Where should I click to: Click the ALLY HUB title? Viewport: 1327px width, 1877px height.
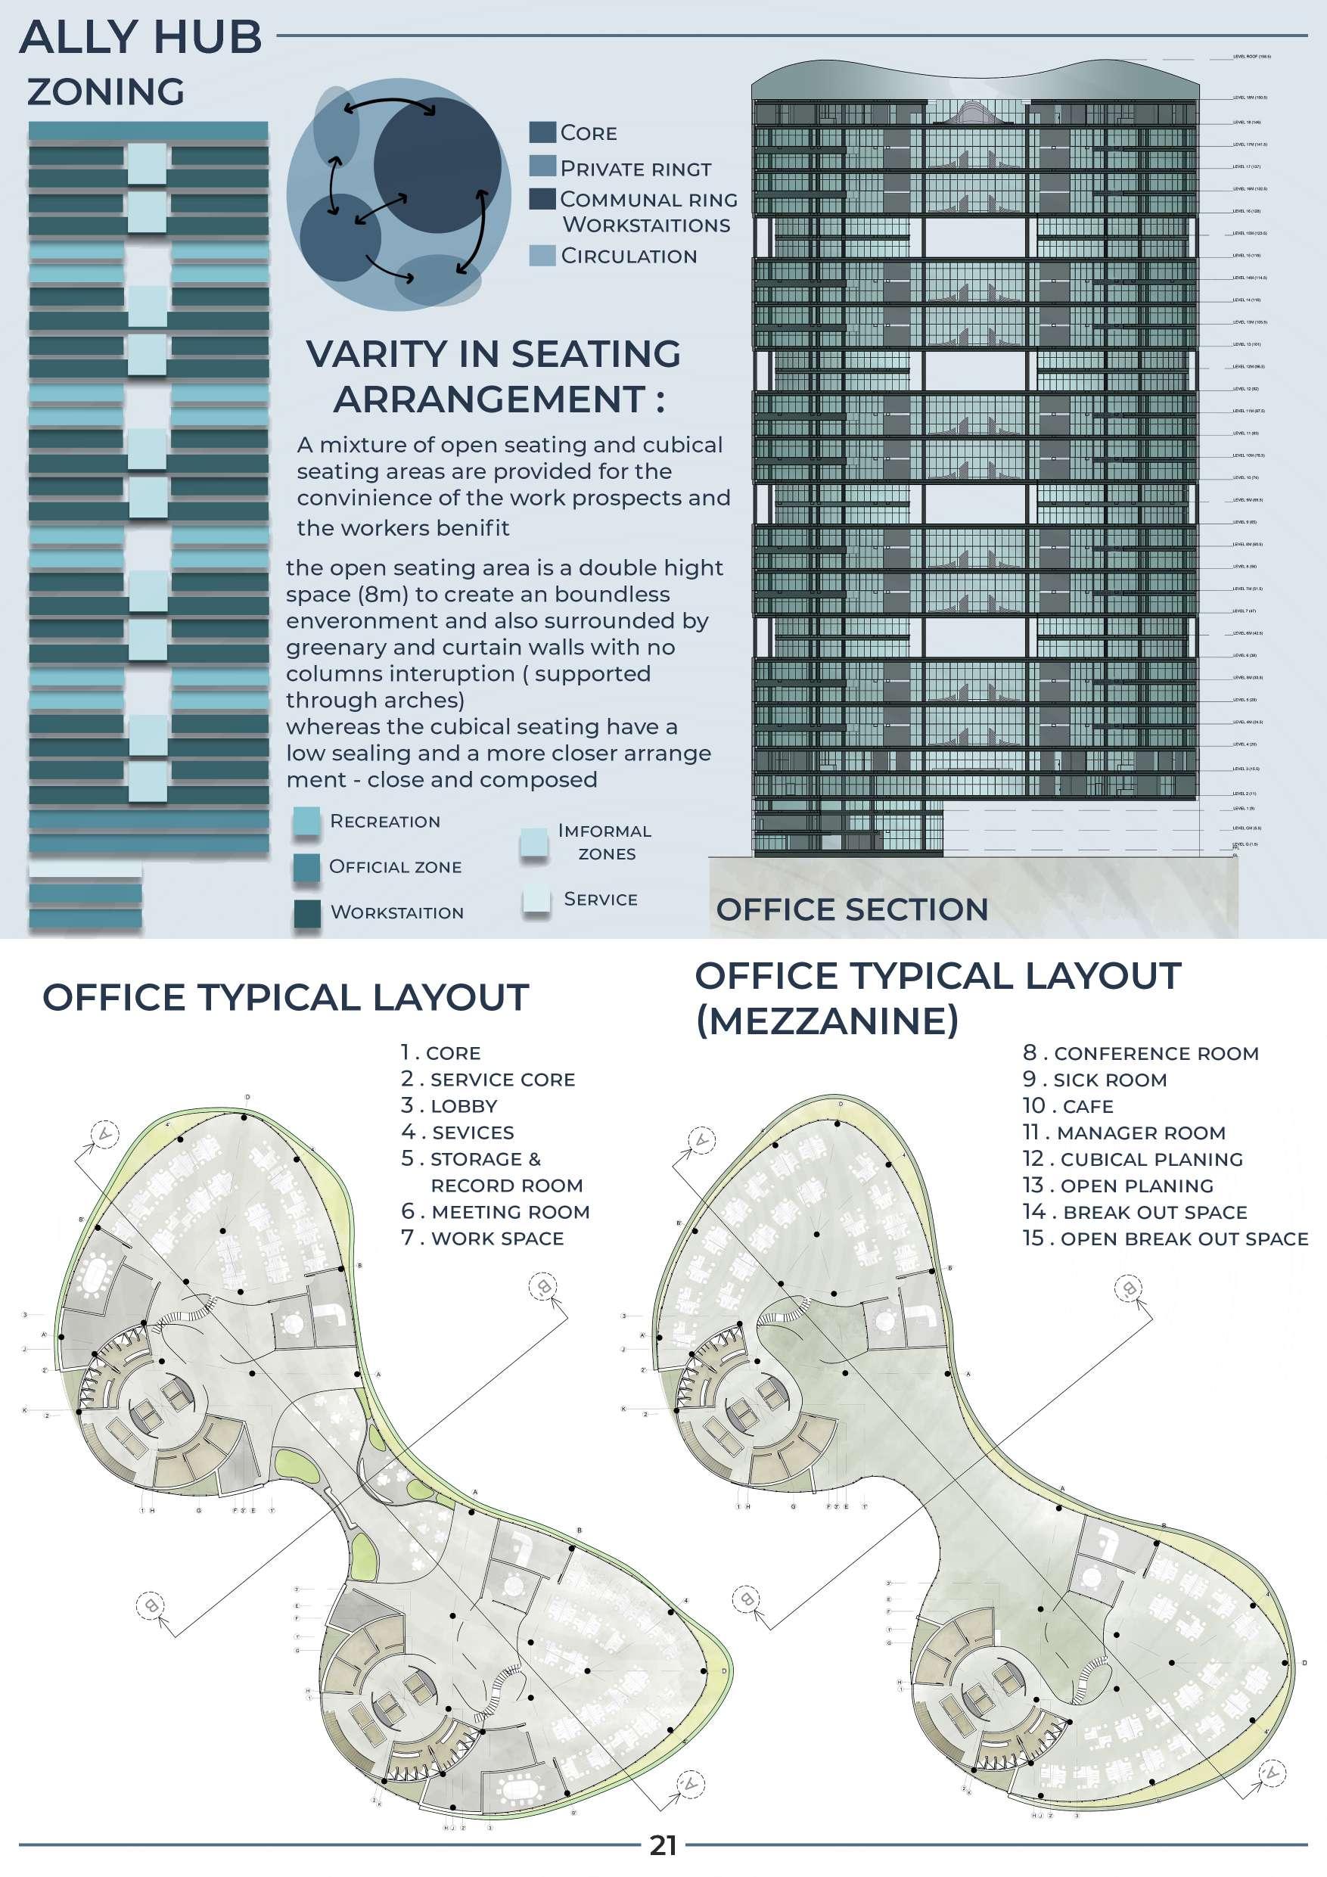[141, 38]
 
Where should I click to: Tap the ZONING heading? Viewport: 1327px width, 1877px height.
[106, 92]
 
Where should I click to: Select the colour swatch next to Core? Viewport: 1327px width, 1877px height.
[542, 132]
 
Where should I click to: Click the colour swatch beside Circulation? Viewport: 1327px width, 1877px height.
[542, 255]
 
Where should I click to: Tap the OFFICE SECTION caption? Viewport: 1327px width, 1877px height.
[852, 910]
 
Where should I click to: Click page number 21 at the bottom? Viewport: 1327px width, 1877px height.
[663, 1845]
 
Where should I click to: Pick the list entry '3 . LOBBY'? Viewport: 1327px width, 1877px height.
[449, 1106]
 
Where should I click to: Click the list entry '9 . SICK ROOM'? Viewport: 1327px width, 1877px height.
[1095, 1080]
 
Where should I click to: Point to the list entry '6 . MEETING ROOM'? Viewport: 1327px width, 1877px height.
[496, 1211]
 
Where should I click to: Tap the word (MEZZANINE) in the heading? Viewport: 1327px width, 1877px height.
[827, 1021]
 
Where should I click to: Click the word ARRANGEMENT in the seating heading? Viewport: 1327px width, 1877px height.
[489, 399]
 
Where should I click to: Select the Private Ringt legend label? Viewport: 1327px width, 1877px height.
[636, 169]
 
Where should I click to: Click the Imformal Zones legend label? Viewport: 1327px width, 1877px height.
[605, 842]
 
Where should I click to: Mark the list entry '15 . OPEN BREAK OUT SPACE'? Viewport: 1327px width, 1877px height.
[1165, 1238]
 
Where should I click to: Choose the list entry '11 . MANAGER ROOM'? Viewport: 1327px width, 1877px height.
[1124, 1133]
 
